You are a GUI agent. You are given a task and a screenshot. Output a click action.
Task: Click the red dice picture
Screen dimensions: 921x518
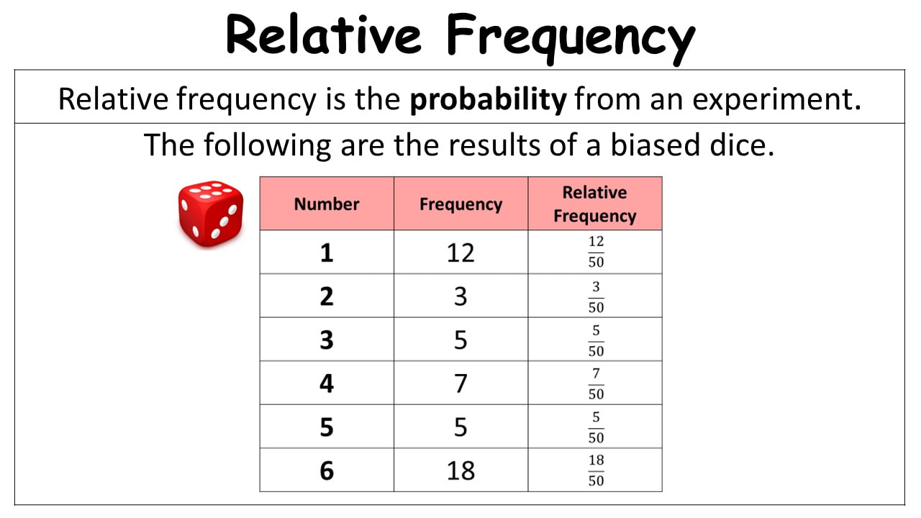tap(211, 214)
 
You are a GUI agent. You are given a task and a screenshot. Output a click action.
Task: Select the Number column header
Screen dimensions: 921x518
tap(327, 204)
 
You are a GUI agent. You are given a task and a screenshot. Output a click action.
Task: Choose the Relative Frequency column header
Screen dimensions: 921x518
tap(595, 204)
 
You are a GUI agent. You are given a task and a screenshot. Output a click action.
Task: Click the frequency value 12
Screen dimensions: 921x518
tap(460, 253)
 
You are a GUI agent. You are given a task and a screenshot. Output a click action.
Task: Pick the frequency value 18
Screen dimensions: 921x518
tap(460, 471)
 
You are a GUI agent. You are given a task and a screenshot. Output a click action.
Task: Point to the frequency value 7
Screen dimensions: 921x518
tap(460, 383)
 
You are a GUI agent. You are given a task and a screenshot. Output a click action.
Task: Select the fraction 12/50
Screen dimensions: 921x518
tap(596, 252)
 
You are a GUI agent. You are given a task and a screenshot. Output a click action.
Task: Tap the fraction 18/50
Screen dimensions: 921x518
tap(596, 471)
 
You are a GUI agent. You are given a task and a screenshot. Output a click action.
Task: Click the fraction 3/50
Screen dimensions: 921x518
tap(596, 297)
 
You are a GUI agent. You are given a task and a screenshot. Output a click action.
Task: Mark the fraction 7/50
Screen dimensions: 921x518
tap(596, 383)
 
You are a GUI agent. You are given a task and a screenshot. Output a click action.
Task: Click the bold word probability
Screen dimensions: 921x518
tap(489, 100)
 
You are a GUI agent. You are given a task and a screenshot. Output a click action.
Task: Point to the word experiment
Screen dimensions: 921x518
tap(776, 100)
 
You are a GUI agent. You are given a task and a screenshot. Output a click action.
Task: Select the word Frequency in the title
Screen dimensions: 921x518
tap(571, 38)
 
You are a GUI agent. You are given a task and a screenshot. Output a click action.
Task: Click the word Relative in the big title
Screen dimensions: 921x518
tap(324, 35)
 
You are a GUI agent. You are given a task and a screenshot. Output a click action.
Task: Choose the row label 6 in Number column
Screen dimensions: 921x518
tap(327, 471)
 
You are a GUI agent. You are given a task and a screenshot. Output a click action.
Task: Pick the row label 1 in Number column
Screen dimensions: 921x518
tap(327, 253)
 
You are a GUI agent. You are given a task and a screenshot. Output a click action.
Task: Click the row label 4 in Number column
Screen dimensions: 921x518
tap(327, 383)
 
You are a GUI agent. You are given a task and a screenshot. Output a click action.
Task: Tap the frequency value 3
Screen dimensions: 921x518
tap(460, 296)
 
